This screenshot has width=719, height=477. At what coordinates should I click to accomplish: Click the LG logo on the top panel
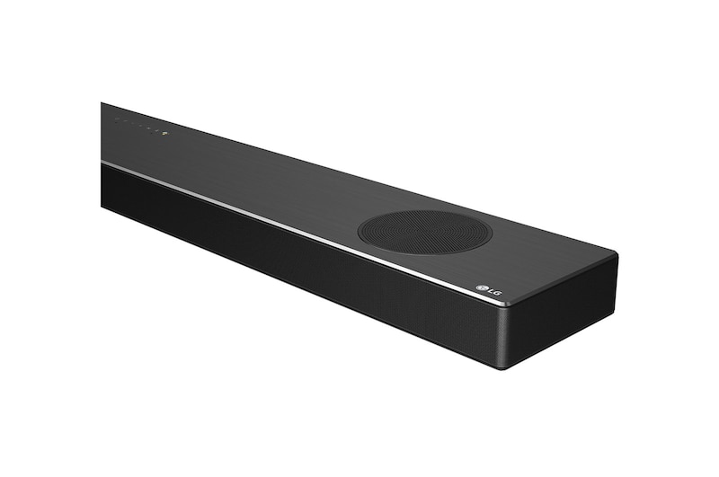coord(487,289)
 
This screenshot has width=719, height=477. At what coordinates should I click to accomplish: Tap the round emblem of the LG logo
coord(480,287)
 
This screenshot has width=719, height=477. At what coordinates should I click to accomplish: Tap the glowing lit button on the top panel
coord(164,135)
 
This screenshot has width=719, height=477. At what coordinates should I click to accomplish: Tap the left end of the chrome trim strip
coord(104,163)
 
